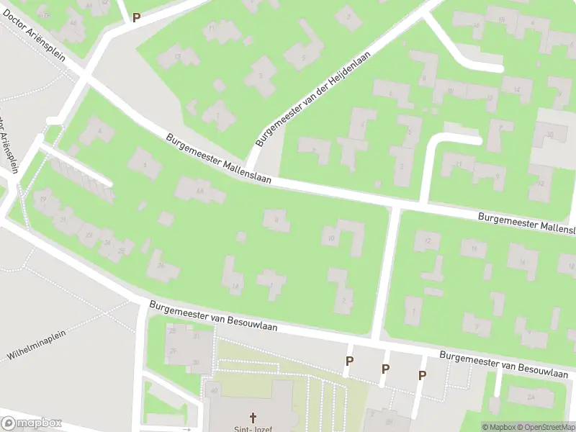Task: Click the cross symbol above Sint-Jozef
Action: pos(253,417)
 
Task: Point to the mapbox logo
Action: pos(32,423)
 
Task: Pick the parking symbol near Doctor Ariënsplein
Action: pos(135,17)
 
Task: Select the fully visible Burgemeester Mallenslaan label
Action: pos(218,159)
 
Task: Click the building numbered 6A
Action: pos(199,190)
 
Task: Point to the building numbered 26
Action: pos(161,266)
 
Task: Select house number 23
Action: pos(89,235)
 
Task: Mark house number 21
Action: pos(64,220)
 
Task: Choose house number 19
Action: pos(44,199)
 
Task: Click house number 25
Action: pos(122,251)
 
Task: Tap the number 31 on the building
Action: pos(196,336)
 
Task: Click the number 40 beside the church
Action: pos(214,391)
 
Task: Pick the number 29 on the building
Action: pos(173,351)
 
